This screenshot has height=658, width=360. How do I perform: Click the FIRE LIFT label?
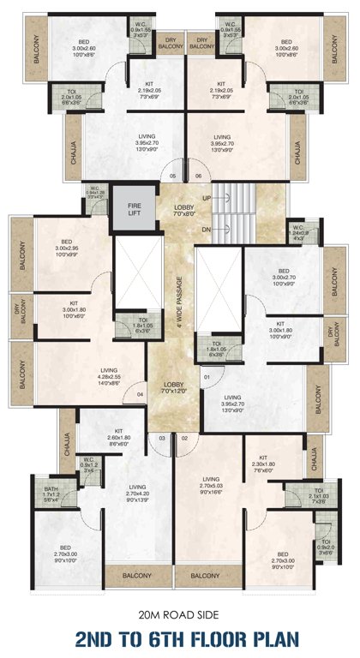point(133,210)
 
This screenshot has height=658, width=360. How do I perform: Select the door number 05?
point(172,176)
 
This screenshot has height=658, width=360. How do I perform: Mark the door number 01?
point(207,376)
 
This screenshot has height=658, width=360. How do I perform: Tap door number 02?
point(184,438)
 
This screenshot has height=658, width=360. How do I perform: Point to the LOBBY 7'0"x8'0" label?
point(183,209)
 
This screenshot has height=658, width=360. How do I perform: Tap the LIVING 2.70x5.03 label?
point(212,484)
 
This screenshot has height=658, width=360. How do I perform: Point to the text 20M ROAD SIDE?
point(180,615)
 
